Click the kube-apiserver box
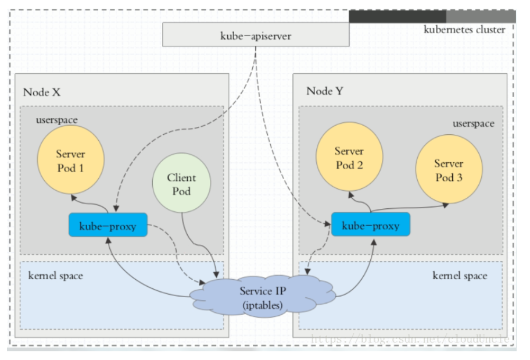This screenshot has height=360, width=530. pos(255,35)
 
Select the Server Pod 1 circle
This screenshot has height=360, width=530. pos(70,160)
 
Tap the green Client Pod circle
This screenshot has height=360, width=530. pos(181,184)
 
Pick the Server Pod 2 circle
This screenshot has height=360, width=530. pos(349,158)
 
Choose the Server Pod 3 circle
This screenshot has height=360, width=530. pos(449,169)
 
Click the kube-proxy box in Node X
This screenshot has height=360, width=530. pos(108,226)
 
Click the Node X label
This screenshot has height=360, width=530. pos(42,92)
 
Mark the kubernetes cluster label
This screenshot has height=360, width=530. pos(464,29)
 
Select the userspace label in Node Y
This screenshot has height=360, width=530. pos(474,123)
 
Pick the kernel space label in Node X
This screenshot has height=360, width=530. pos(55,275)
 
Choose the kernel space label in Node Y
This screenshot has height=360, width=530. pos(460,275)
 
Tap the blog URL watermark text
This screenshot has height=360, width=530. pos(410,338)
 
